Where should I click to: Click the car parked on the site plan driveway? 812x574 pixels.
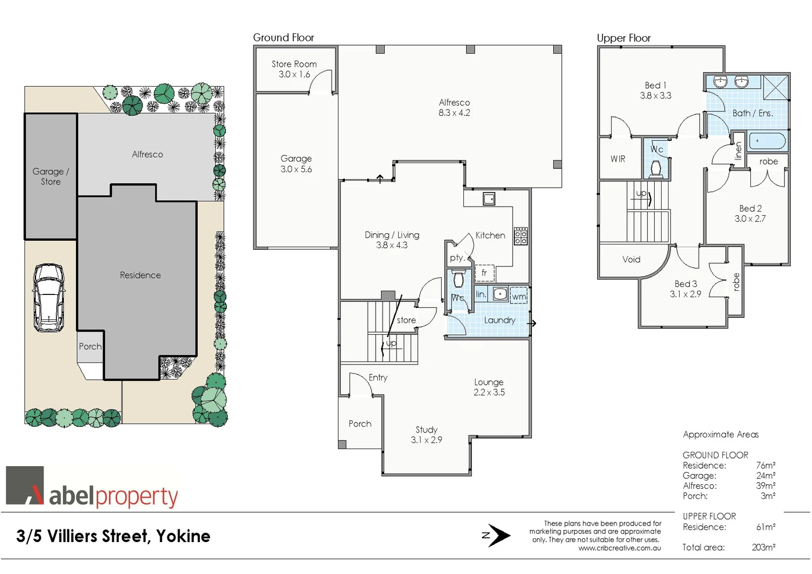click(48, 298)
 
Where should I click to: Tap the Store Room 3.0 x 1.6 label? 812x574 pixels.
click(294, 69)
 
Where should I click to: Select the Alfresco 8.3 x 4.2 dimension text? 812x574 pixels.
click(454, 113)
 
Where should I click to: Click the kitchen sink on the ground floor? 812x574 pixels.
click(489, 199)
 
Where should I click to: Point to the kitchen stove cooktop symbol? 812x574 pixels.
click(521, 237)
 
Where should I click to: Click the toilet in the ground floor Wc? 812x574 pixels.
click(458, 279)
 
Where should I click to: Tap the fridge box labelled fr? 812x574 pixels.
click(484, 273)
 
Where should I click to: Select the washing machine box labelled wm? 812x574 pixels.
click(519, 296)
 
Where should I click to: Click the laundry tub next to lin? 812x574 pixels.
click(500, 293)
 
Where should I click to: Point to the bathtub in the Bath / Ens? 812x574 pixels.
click(767, 141)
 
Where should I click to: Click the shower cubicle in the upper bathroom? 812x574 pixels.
click(775, 87)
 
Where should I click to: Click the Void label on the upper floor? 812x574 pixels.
click(631, 259)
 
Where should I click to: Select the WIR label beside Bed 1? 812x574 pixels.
click(618, 159)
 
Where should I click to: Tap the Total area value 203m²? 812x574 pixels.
click(763, 547)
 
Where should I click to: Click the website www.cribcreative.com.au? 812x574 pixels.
click(620, 548)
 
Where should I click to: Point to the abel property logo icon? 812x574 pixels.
click(24, 485)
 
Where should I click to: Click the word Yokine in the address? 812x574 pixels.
click(183, 536)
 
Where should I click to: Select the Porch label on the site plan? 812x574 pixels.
click(90, 347)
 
